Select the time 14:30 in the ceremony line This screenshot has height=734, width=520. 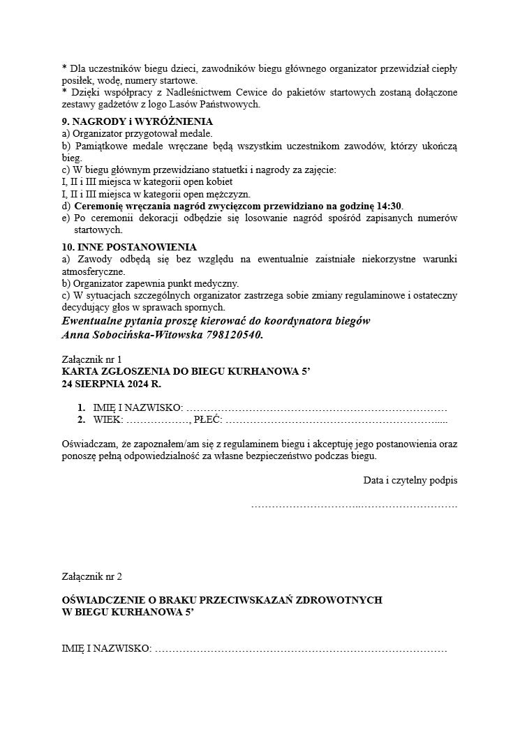click(x=389, y=206)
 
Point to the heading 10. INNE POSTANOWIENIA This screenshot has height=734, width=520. click(x=129, y=247)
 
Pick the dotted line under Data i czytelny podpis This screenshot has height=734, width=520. click(x=354, y=504)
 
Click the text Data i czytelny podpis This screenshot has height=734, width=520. click(x=410, y=480)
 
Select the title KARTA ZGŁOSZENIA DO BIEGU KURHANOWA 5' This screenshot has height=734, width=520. click(x=186, y=372)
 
